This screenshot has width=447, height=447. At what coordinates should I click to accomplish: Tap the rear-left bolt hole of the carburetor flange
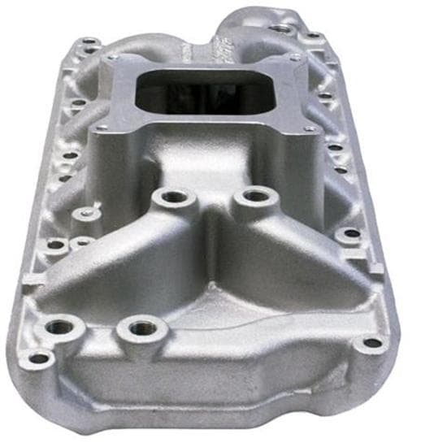tap(111, 59)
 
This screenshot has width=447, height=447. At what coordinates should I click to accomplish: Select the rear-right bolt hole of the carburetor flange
tap(294, 58)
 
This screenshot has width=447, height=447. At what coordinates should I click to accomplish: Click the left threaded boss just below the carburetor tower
tap(172, 197)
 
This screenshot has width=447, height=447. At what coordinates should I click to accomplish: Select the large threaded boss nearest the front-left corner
tap(59, 328)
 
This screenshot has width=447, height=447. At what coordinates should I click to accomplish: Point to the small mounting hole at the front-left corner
tap(37, 358)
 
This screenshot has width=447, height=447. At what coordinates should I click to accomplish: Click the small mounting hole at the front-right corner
tap(371, 342)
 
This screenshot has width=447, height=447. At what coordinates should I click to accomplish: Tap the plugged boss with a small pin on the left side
tap(86, 214)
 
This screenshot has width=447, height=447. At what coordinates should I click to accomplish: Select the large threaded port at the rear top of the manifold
tap(280, 28)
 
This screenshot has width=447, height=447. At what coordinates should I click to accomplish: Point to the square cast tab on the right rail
tap(376, 267)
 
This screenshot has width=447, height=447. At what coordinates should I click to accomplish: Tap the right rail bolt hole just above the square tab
tap(351, 233)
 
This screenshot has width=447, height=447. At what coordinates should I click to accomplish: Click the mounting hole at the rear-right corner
tap(313, 37)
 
